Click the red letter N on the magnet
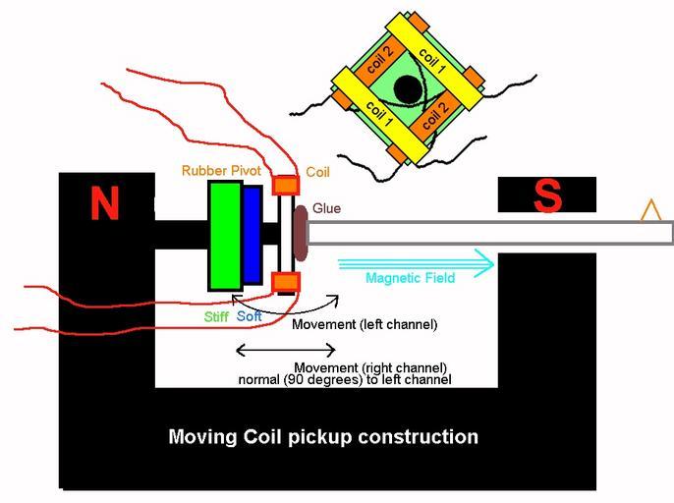(x=104, y=202)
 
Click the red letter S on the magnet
(x=547, y=197)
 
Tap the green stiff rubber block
(x=224, y=235)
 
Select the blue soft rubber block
(x=252, y=235)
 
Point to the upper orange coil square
(x=285, y=185)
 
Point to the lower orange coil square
(x=285, y=283)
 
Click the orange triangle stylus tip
(x=648, y=210)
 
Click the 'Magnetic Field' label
(x=410, y=278)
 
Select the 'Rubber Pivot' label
(x=221, y=171)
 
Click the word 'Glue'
(x=327, y=208)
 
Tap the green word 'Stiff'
(x=216, y=316)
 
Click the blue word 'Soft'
(x=250, y=316)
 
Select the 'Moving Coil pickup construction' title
(x=323, y=436)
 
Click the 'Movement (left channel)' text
(x=365, y=324)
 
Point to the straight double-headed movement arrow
(x=286, y=350)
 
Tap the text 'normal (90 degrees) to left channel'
(x=344, y=378)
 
